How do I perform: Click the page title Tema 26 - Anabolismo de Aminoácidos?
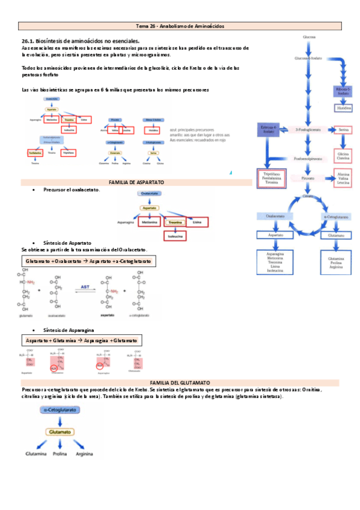pyautogui.click(x=180, y=26)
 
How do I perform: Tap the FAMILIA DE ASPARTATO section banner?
pyautogui.click(x=136, y=182)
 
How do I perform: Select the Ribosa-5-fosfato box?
pyautogui.click(x=343, y=92)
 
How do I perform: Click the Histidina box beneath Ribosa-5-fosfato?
pyautogui.click(x=343, y=109)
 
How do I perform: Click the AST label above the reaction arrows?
pyautogui.click(x=84, y=288)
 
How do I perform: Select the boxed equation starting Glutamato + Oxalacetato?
pyautogui.click(x=88, y=262)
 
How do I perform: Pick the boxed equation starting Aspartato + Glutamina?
pyautogui.click(x=82, y=340)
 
